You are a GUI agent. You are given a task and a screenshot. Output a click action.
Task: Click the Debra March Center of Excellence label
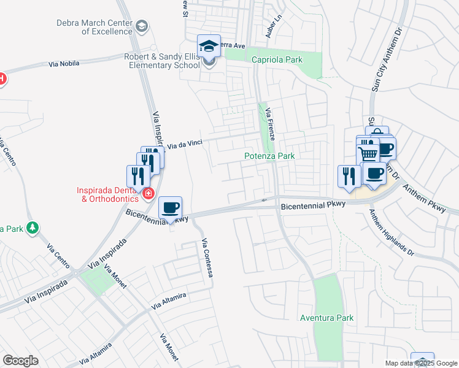pyautogui.click(x=94, y=27)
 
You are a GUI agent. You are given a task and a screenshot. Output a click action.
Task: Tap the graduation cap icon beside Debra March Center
pyautogui.click(x=142, y=26)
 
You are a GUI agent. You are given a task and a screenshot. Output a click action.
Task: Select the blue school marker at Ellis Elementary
pyautogui.click(x=209, y=47)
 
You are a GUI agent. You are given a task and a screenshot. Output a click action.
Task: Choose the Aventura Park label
pyautogui.click(x=327, y=318)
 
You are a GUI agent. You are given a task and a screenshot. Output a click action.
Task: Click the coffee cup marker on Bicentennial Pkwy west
pyautogui.click(x=170, y=207)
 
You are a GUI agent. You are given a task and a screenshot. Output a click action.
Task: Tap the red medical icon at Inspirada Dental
pyautogui.click(x=148, y=194)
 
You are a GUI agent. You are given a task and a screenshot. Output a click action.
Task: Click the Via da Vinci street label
pyautogui.click(x=184, y=144)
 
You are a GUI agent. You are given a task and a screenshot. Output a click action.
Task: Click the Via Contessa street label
pyautogui.click(x=206, y=258)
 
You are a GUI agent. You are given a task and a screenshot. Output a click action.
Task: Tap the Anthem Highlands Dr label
pyautogui.click(x=391, y=232)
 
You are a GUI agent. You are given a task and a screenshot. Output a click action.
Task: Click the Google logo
pyautogui.click(x=20, y=361)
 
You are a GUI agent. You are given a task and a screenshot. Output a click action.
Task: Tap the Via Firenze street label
pyautogui.click(x=269, y=121)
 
